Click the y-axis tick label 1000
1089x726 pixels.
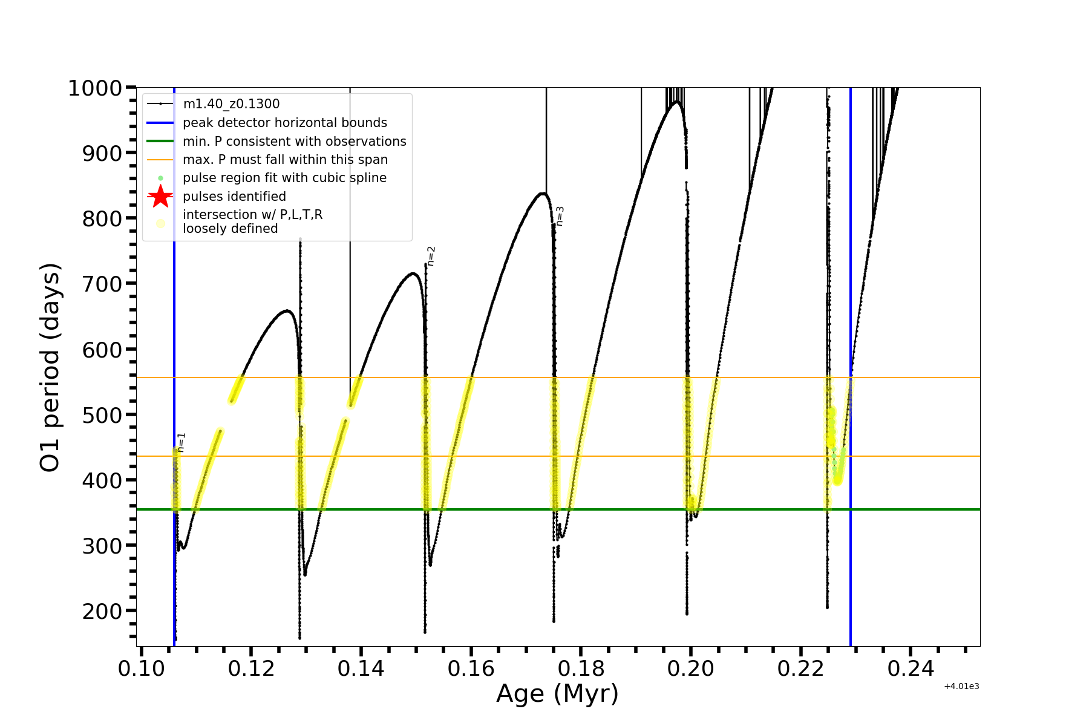(95, 88)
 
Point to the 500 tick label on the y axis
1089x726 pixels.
(102, 415)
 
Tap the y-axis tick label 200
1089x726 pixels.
(102, 611)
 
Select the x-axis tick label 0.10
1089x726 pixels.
(141, 669)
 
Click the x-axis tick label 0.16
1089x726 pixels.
(471, 669)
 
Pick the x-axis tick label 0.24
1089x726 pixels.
(911, 669)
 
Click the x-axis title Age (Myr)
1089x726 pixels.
(557, 693)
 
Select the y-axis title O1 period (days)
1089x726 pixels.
(50, 367)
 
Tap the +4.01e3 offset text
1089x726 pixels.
(961, 686)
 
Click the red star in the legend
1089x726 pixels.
(160, 197)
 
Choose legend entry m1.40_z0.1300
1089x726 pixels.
(231, 104)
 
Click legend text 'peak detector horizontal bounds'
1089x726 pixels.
(285, 123)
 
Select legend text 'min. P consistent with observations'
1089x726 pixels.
(295, 142)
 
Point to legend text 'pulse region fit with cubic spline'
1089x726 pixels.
(284, 178)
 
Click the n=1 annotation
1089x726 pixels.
(181, 442)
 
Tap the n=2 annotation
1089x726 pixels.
(431, 256)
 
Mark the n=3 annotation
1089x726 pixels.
(560, 216)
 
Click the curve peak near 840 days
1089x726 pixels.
(542, 194)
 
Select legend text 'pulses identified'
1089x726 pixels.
(234, 197)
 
